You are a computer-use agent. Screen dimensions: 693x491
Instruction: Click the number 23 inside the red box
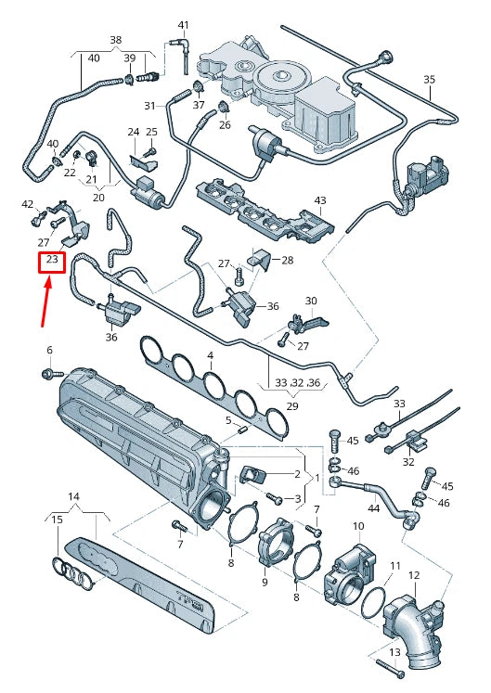coord(52,261)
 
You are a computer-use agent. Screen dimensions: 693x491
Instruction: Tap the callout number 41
coord(183,24)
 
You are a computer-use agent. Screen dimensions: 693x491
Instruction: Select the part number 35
coord(429,80)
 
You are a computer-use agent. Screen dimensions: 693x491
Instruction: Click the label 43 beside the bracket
coord(320,200)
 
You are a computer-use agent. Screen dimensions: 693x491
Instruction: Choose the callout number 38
coord(115,41)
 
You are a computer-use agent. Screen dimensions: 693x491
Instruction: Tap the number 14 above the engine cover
coord(74,497)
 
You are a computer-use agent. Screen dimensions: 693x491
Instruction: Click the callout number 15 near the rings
coord(57,520)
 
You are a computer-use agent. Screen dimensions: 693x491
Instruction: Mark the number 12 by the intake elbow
coord(414,575)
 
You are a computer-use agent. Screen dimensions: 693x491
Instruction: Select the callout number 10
coord(357,526)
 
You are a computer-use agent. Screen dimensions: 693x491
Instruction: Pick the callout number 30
coord(311,301)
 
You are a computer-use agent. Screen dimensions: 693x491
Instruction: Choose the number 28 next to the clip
coord(287,260)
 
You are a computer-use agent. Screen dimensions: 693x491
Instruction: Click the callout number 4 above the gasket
coord(211,355)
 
